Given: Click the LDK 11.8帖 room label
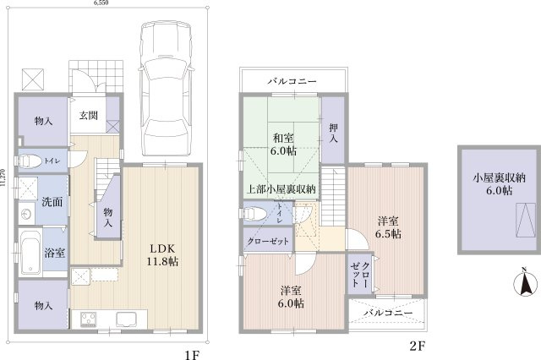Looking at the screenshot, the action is [x=162, y=255].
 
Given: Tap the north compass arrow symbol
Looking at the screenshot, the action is [x=525, y=283].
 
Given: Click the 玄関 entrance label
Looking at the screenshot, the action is [x=88, y=115].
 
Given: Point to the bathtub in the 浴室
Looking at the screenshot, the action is [x=30, y=252].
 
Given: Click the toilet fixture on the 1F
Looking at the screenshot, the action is [x=30, y=161].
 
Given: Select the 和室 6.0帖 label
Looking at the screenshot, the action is [x=283, y=145].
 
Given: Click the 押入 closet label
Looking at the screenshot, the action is [x=333, y=134].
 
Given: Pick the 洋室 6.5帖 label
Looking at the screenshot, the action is [x=388, y=227].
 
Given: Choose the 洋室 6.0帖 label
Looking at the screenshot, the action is [x=291, y=297].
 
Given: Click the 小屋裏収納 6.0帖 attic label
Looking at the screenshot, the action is [x=499, y=184].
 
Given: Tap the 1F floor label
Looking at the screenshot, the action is [x=192, y=354].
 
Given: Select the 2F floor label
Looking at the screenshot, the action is [x=417, y=346].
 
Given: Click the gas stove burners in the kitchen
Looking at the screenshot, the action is [x=89, y=319].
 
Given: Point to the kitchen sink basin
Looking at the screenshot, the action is [x=127, y=319].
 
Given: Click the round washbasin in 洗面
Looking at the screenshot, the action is [x=26, y=214].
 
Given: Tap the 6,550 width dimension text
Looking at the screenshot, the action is [x=101, y=3].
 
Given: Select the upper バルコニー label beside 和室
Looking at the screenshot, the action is [x=292, y=81].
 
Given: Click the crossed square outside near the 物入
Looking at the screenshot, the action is [x=33, y=79].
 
